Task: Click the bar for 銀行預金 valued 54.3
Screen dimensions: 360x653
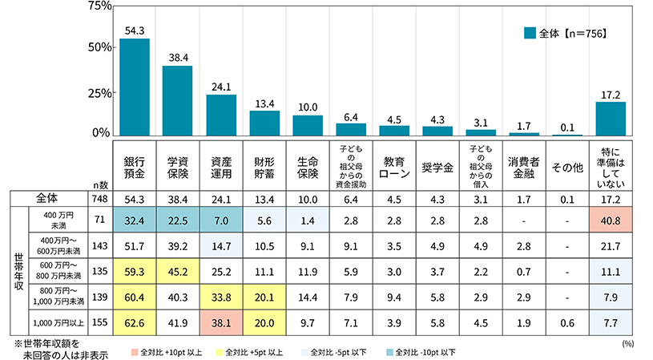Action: point(135,88)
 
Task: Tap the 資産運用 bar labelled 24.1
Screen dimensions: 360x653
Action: point(221,115)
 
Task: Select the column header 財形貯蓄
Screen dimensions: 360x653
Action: point(264,166)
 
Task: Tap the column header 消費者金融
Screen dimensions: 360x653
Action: point(524,166)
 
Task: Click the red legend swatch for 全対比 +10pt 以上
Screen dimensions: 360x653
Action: point(133,351)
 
